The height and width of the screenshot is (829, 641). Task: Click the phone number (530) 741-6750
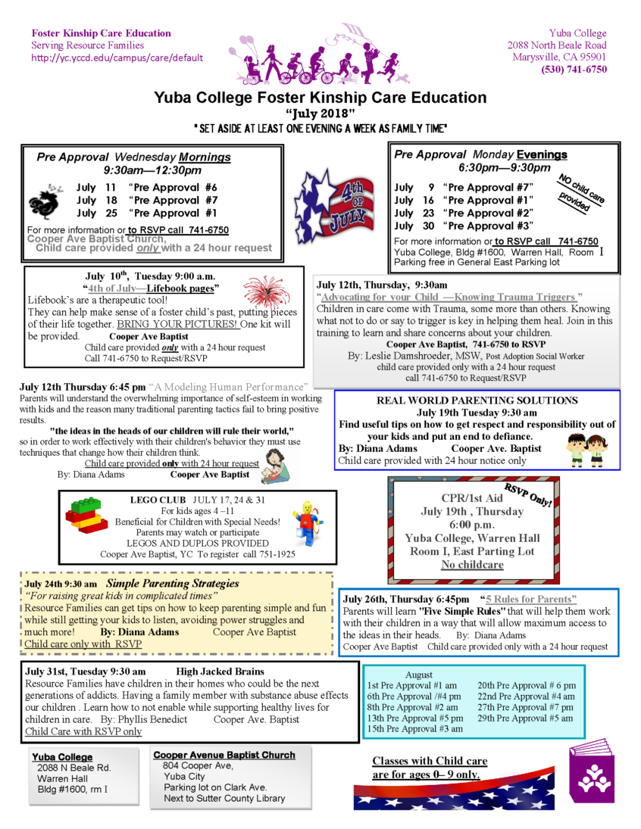pyautogui.click(x=574, y=69)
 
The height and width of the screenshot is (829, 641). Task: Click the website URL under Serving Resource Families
pyautogui.click(x=117, y=58)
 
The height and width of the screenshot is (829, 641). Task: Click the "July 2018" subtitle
pyautogui.click(x=320, y=113)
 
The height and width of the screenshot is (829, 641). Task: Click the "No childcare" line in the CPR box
pyautogui.click(x=473, y=565)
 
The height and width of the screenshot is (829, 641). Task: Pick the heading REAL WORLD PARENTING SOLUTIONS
pyautogui.click(x=477, y=400)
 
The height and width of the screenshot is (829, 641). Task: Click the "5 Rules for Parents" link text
pyautogui.click(x=531, y=600)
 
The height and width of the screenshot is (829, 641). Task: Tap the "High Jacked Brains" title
pyautogui.click(x=220, y=672)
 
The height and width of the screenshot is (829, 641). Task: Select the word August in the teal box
pyautogui.click(x=419, y=675)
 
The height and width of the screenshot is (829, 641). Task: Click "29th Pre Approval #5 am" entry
pyautogui.click(x=525, y=718)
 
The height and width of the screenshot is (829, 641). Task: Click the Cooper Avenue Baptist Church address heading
pyautogui.click(x=224, y=755)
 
